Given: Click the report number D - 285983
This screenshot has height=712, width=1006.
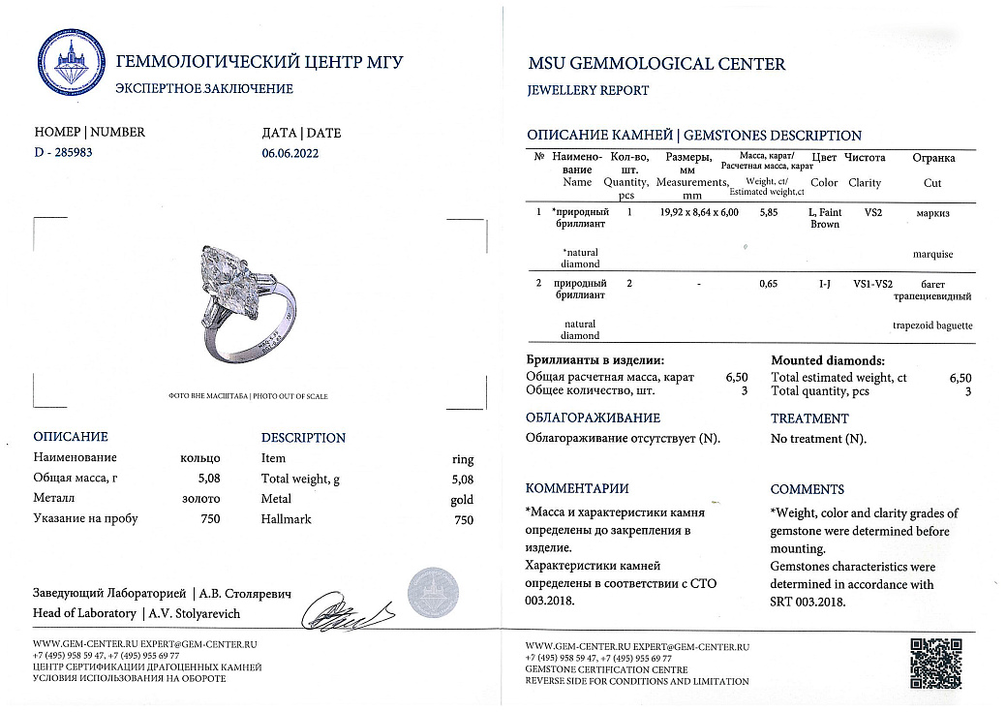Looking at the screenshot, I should [x=64, y=152].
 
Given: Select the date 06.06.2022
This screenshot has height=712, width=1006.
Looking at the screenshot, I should [x=290, y=152].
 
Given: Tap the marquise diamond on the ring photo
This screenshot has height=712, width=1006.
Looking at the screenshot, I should [x=224, y=275].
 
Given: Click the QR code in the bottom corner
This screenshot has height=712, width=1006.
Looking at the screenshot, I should [x=935, y=663].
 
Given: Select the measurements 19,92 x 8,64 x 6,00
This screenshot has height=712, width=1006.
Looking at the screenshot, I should [x=697, y=211].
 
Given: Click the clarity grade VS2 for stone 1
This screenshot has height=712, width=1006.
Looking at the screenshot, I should [x=873, y=211].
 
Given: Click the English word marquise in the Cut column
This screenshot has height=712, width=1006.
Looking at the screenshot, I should [x=932, y=254].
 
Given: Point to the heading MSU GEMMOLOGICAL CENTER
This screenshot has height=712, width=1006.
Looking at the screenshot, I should [x=655, y=64].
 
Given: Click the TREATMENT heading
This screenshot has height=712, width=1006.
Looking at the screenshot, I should [x=809, y=418].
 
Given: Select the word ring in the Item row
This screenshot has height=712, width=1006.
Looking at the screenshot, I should [x=463, y=458].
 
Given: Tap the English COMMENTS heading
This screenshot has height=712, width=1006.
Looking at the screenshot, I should [x=807, y=489].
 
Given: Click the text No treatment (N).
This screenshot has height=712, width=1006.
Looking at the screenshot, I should [x=818, y=439].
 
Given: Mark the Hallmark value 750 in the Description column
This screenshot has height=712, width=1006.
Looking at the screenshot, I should [x=464, y=519].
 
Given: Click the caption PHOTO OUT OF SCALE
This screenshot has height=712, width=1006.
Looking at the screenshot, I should [x=290, y=396].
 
